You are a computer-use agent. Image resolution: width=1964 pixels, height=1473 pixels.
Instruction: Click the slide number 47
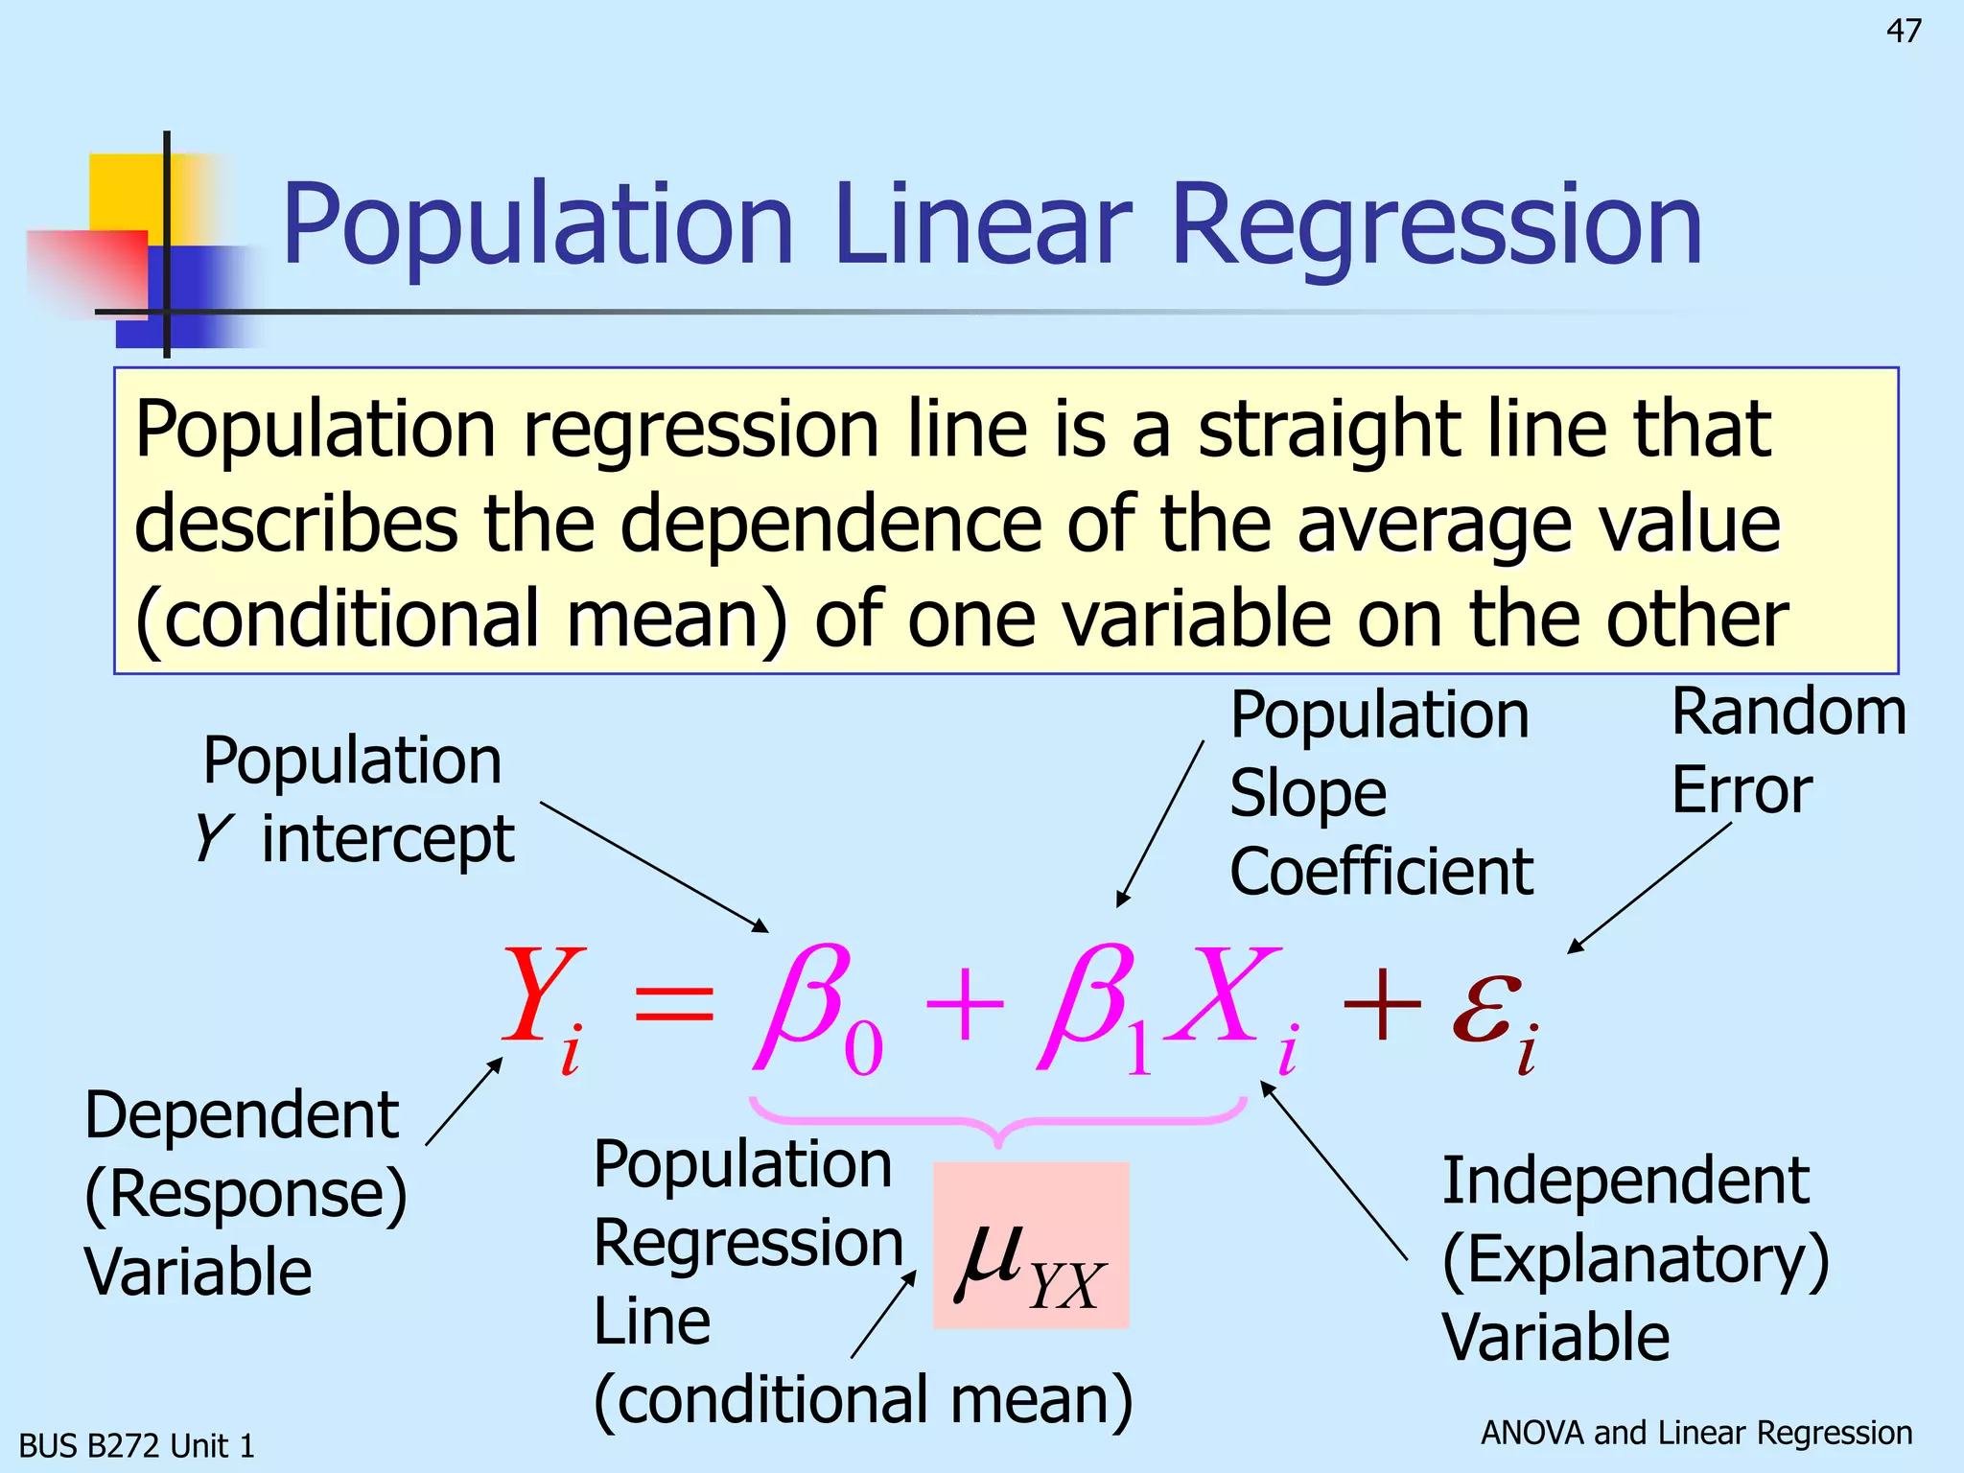[1904, 32]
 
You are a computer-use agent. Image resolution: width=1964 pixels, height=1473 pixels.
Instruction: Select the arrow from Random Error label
[1649, 887]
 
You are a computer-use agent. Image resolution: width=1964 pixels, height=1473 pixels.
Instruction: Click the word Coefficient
[1381, 872]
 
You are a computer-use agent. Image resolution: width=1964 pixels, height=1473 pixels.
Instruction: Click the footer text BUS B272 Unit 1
[136, 1445]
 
